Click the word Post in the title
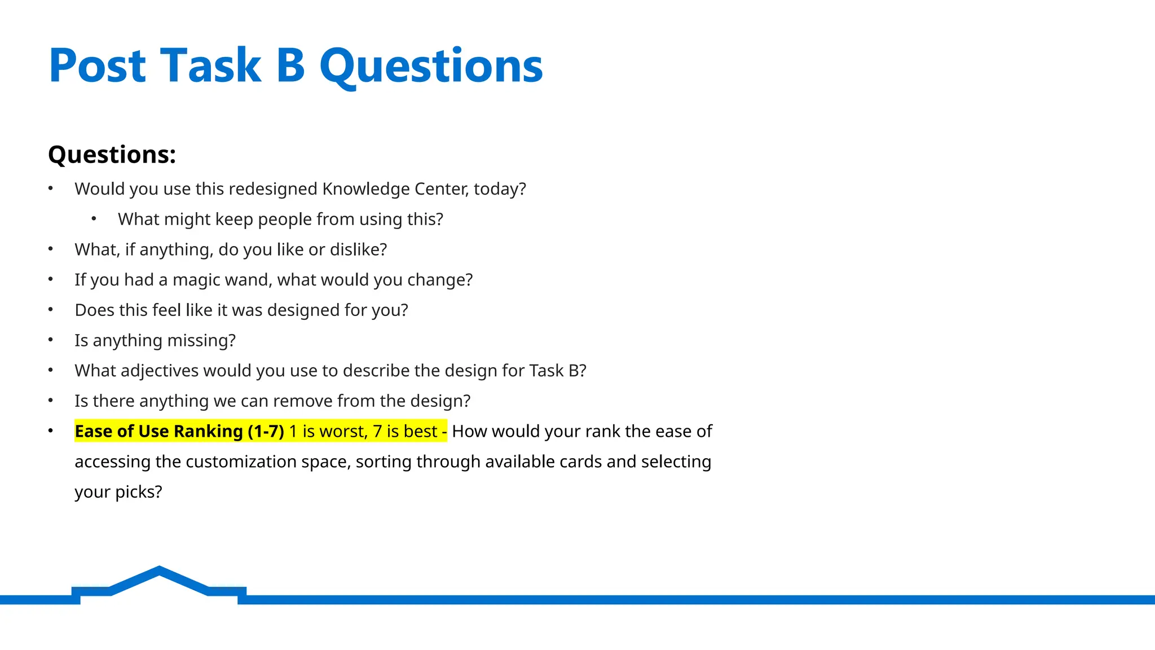tap(98, 66)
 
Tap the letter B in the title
tap(290, 66)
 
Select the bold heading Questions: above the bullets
tap(112, 155)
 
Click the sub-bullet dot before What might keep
tap(94, 219)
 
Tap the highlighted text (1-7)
tap(266, 432)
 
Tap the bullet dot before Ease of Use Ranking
tap(51, 431)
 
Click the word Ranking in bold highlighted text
tap(208, 432)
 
